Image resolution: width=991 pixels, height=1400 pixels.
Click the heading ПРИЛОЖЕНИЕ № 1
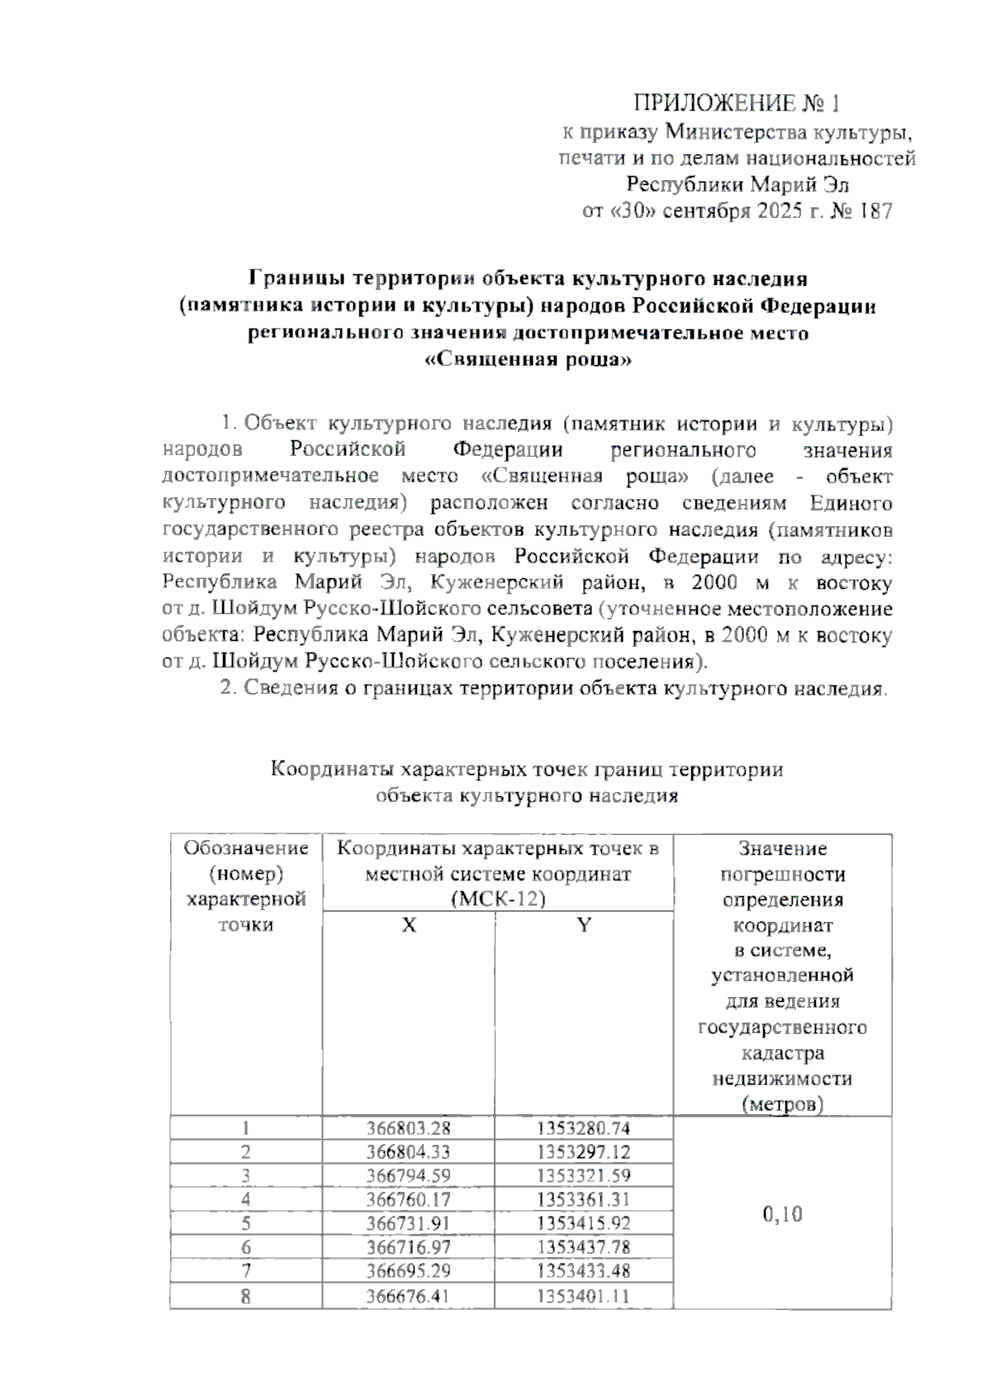click(736, 103)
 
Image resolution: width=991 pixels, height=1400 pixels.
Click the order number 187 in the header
click(875, 211)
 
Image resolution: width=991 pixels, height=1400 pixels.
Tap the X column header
click(409, 925)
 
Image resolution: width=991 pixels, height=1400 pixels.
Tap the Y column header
click(584, 925)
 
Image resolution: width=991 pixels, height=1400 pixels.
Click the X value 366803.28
click(409, 1128)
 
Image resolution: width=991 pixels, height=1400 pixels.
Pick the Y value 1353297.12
click(583, 1152)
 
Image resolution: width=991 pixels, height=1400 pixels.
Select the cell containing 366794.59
click(409, 1176)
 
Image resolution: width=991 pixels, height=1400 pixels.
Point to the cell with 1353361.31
click(583, 1200)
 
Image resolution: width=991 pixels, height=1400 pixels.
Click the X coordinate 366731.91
click(409, 1224)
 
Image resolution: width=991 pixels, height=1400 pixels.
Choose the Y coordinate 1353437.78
click(583, 1248)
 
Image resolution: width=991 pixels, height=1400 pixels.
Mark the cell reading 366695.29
click(409, 1272)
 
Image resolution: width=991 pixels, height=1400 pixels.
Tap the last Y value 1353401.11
click(583, 1296)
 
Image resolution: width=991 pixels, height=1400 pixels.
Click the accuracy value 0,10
click(782, 1214)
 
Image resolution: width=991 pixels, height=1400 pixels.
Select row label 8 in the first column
click(245, 1296)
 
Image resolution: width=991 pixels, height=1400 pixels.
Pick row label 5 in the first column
click(245, 1224)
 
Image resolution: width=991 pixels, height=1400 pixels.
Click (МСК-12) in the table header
click(499, 899)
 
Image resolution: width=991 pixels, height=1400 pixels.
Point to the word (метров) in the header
click(782, 1104)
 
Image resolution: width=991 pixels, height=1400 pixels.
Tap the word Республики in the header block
click(678, 184)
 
